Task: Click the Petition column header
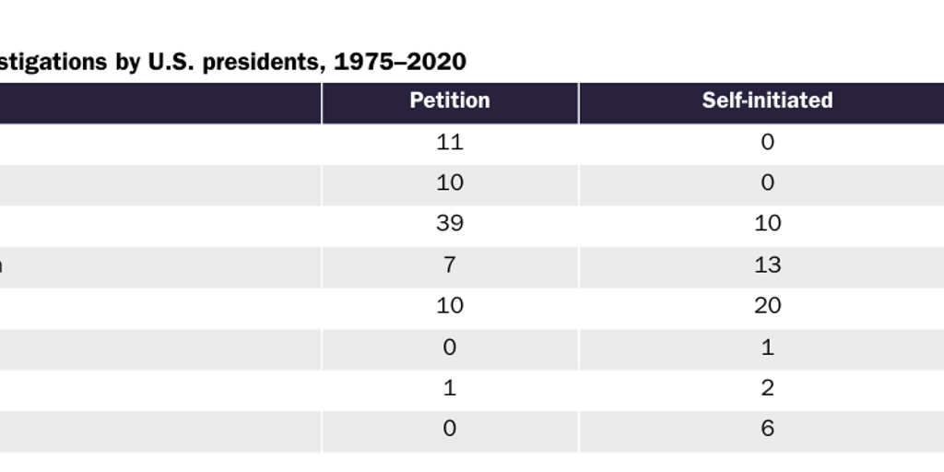tap(449, 100)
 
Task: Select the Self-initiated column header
tap(767, 100)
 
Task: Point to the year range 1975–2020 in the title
tap(399, 62)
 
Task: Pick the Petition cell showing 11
tap(449, 142)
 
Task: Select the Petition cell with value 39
tap(449, 223)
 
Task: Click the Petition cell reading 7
tap(449, 265)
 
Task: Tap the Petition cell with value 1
tap(449, 387)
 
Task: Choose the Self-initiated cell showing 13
tap(767, 265)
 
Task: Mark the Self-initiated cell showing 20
tap(767, 305)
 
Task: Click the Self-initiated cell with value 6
tap(767, 428)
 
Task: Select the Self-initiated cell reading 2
tap(767, 387)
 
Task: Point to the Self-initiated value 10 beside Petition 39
tap(767, 223)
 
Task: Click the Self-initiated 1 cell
tap(767, 347)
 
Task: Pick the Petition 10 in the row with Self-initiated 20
tap(449, 305)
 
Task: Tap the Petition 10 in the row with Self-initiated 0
tap(449, 183)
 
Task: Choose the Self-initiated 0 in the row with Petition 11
tap(767, 142)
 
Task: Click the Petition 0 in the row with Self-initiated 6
tap(449, 428)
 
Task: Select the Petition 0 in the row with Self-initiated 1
tap(449, 347)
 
